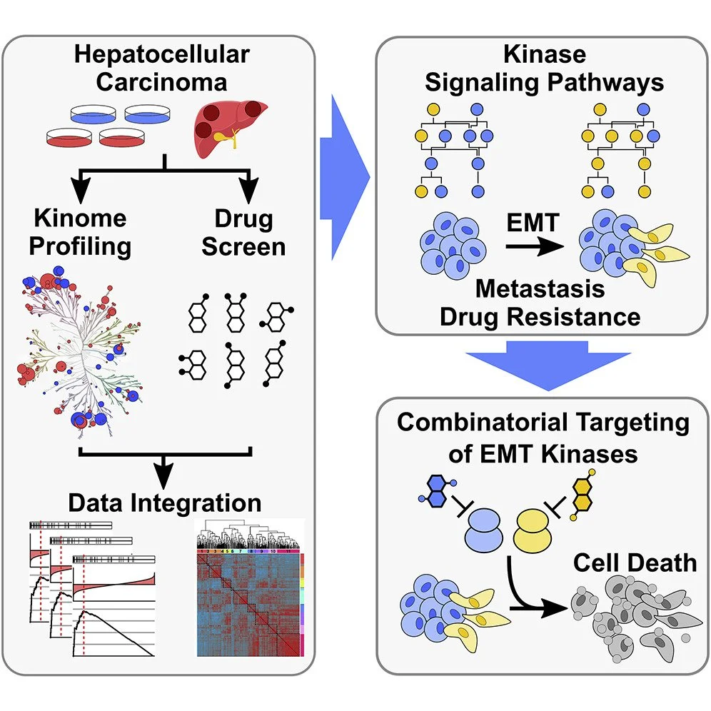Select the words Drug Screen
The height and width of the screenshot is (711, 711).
(x=243, y=232)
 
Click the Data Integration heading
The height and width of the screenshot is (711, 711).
(x=166, y=502)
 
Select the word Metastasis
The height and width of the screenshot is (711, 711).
(x=540, y=289)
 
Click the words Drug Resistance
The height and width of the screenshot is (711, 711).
(x=540, y=316)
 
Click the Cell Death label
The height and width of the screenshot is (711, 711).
(x=635, y=563)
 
